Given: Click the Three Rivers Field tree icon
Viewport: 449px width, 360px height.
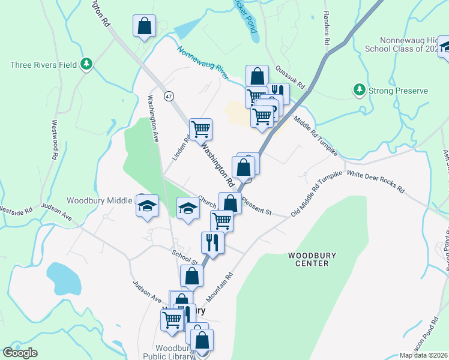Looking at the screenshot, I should coord(86,63).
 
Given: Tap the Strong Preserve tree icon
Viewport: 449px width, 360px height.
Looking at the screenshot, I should coord(360,90).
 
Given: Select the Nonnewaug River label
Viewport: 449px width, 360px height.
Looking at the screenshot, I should coord(202,62).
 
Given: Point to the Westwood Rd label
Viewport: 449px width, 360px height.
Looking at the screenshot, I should coord(55,139).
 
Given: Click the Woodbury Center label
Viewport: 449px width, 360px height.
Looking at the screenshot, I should coord(309,259).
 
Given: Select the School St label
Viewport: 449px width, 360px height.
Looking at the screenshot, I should coord(185,257).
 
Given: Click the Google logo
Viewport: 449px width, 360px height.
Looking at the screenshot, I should coord(20,352).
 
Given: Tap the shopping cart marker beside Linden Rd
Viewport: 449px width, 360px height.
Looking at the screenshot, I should coord(200,128).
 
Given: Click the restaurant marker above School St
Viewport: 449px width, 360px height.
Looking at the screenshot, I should coord(212,242).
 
